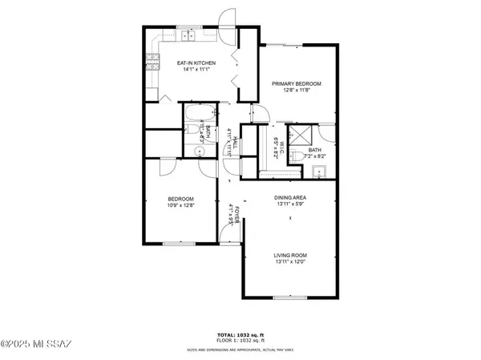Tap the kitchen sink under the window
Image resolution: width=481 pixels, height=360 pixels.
[189, 35]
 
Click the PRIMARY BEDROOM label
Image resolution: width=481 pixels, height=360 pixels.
[296, 84]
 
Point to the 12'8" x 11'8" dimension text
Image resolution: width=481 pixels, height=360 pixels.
[296, 91]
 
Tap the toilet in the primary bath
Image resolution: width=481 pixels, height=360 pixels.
[295, 154]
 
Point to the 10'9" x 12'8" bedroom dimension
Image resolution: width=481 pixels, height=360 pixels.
[181, 206]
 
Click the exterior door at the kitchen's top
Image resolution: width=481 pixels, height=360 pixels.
[228, 24]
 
